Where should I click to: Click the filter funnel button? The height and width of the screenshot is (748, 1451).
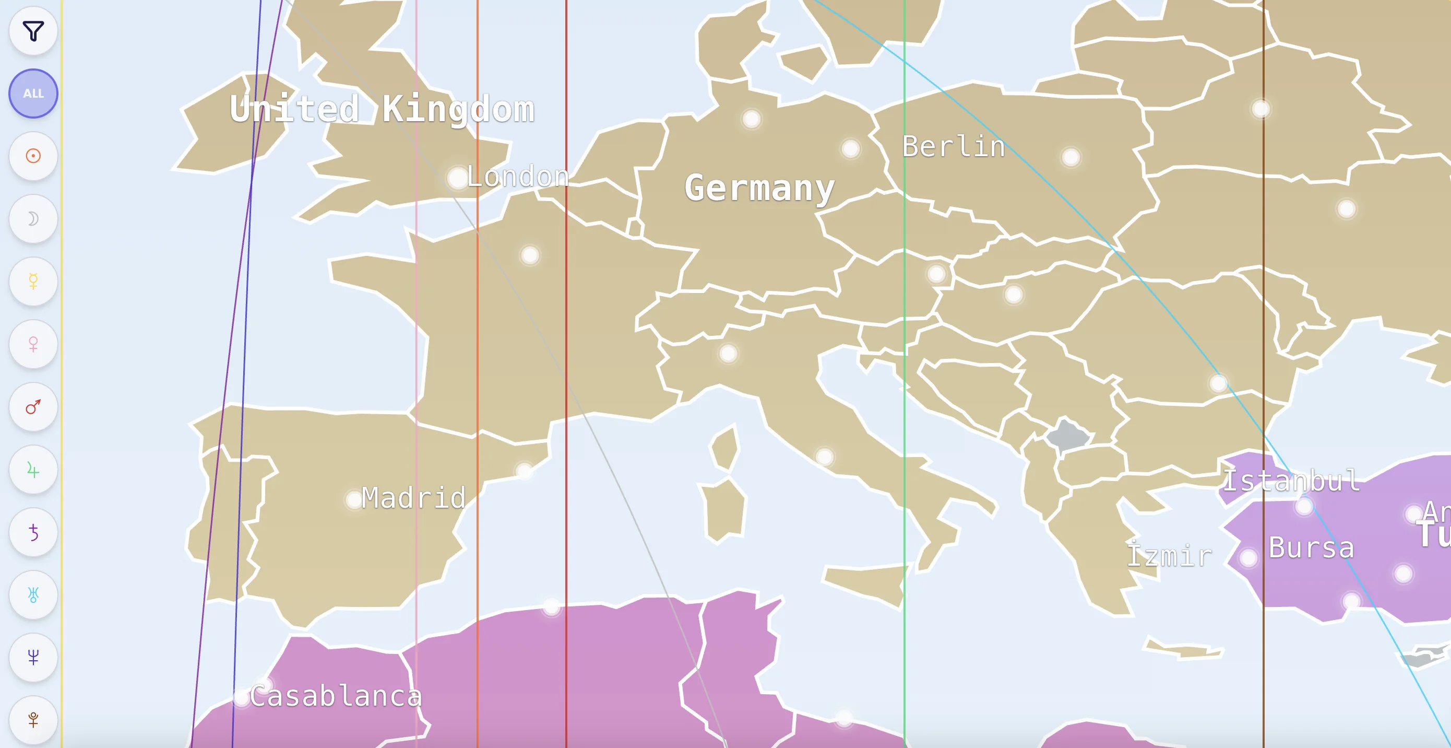[33, 31]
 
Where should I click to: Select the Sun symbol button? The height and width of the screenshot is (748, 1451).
[33, 156]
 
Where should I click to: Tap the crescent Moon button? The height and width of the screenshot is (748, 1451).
[33, 219]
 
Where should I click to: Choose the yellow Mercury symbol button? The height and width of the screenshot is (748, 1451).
[33, 281]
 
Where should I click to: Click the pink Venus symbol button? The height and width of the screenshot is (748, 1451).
[33, 344]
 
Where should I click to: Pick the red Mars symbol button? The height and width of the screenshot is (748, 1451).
[33, 406]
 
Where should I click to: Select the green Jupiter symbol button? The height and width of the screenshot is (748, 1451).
[33, 470]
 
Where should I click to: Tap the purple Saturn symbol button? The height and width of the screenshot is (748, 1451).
[33, 532]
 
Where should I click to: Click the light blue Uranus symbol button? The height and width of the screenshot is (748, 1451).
[33, 594]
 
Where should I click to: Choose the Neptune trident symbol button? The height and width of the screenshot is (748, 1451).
[33, 657]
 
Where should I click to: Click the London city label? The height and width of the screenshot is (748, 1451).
[517, 177]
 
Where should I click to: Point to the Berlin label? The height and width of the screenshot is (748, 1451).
[954, 147]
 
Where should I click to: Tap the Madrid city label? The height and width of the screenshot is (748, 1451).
[413, 498]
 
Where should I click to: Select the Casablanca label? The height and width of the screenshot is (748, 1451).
[336, 696]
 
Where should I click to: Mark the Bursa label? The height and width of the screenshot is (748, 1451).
[1311, 548]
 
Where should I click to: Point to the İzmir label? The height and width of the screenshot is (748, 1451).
[1169, 556]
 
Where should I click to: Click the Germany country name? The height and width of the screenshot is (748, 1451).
[759, 188]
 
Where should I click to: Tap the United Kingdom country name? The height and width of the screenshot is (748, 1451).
[382, 109]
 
